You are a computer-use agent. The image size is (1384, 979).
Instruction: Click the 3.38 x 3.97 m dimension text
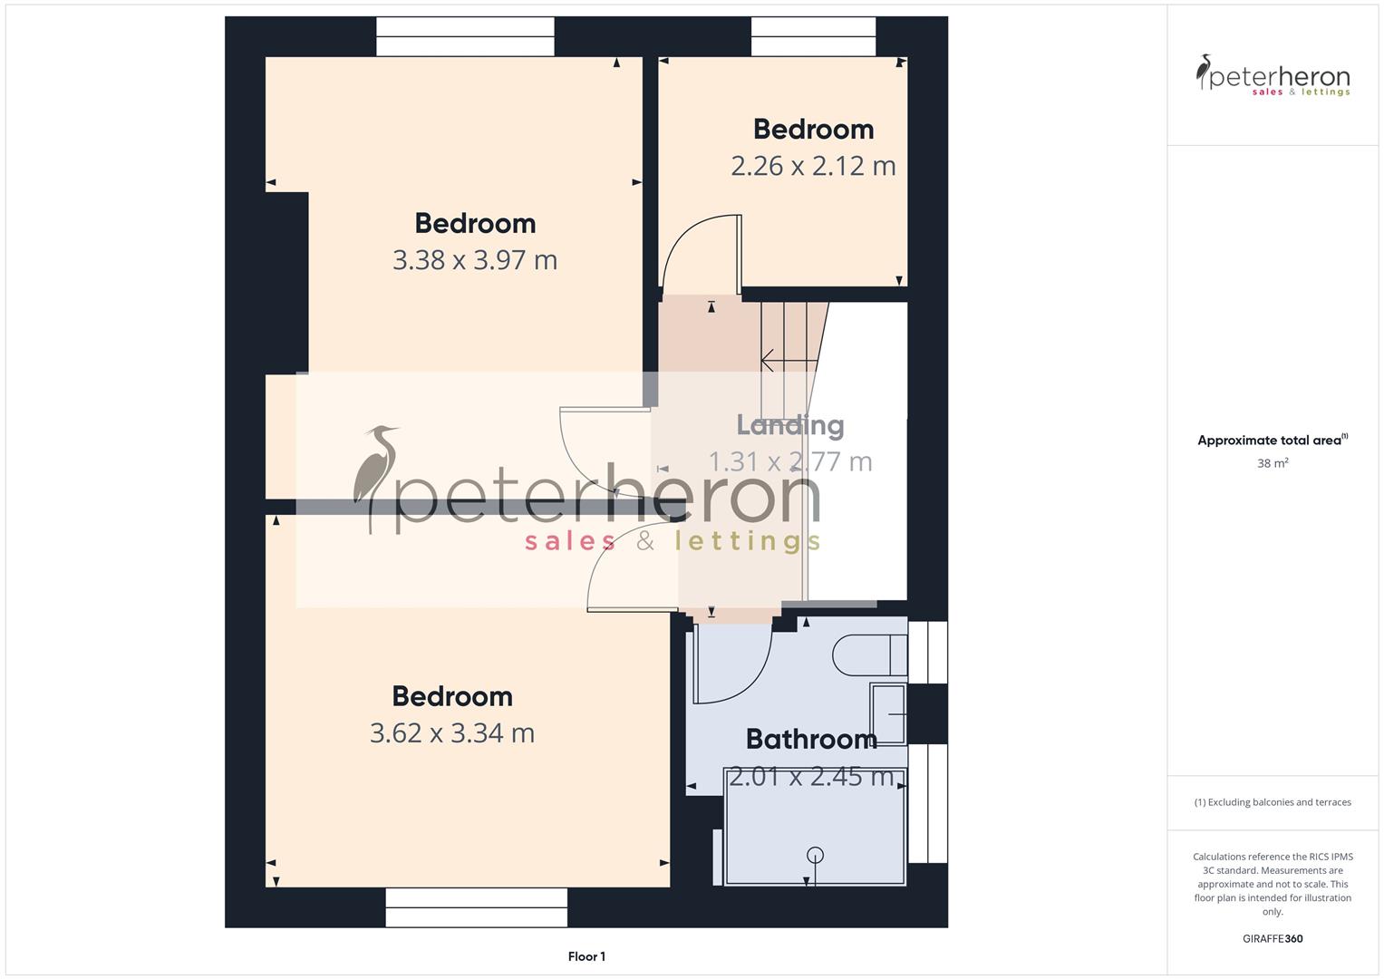[x=475, y=260]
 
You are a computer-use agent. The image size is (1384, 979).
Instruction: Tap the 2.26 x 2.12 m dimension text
[x=813, y=166]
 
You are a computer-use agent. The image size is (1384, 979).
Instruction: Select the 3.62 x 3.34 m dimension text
[x=452, y=732]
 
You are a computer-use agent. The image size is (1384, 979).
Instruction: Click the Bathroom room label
[x=811, y=739]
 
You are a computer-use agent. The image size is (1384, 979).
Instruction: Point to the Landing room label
[x=789, y=424]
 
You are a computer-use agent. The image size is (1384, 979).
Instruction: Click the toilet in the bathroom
[x=868, y=654]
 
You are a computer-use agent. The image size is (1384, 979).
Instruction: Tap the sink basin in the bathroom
[x=889, y=714]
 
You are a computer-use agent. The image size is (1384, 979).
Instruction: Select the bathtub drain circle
[x=815, y=854]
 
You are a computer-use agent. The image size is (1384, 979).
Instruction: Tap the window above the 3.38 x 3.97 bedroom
[x=465, y=37]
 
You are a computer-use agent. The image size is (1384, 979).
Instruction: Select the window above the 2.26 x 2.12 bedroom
[x=813, y=37]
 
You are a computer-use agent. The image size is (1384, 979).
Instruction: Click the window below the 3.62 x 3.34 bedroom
[x=476, y=906]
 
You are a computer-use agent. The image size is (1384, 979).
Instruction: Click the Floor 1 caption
[x=586, y=956]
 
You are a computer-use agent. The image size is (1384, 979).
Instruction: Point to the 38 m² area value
[x=1273, y=463]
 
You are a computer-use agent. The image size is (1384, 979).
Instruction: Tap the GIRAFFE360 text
[x=1273, y=938]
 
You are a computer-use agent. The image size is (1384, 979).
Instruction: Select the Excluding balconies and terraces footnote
[x=1273, y=802]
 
